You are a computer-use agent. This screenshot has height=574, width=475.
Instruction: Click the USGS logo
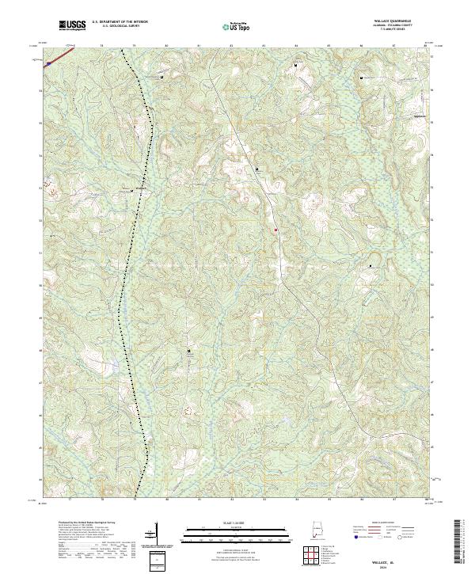point(72,26)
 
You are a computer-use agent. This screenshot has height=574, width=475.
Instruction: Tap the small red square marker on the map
point(275,230)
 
